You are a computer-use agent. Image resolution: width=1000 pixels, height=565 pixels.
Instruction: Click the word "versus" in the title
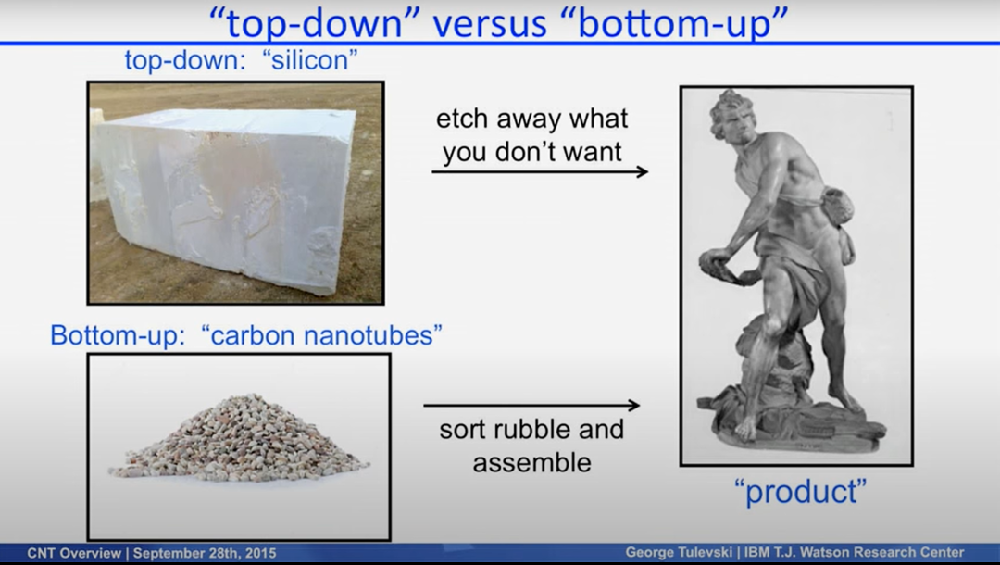pos(489,23)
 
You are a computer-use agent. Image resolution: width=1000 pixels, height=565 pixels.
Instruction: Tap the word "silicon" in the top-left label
pos(310,60)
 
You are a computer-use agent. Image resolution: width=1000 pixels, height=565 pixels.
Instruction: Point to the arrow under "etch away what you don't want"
pos(540,171)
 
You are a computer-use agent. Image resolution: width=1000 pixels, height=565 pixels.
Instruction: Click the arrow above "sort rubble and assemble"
pos(531,405)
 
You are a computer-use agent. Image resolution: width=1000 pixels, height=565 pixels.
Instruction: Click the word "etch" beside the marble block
pos(462,119)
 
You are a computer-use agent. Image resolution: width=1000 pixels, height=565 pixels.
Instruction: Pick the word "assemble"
pos(531,462)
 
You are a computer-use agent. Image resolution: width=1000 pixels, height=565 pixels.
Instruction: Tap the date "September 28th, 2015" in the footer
pos(205,553)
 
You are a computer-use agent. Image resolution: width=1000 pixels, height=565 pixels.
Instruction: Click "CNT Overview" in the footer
pos(74,553)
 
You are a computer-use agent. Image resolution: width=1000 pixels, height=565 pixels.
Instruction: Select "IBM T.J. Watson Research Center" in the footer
pos(854,552)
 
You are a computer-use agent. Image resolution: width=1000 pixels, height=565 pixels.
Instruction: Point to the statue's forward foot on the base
pos(744,429)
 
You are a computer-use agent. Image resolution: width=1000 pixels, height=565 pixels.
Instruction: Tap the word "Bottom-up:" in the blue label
pos(118,335)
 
